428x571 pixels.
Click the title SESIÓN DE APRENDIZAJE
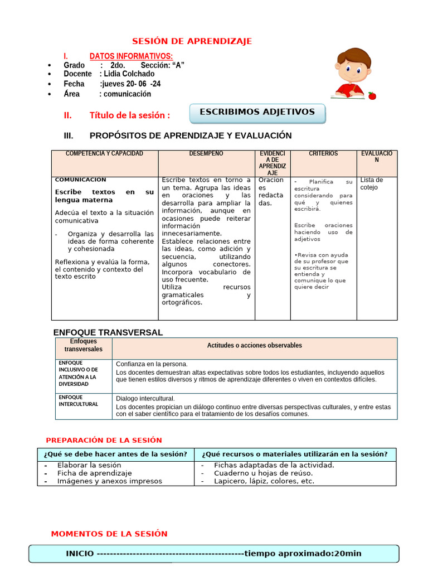pyautogui.click(x=192, y=41)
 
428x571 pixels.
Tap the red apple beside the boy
pyautogui.click(x=372, y=95)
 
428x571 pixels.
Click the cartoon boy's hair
pyautogui.click(x=354, y=56)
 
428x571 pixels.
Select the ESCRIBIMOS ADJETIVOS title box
pyautogui.click(x=257, y=112)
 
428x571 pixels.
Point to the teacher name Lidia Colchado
pyautogui.click(x=127, y=74)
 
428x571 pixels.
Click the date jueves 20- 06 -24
pyautogui.click(x=130, y=84)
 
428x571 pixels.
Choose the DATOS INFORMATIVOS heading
pyautogui.click(x=131, y=56)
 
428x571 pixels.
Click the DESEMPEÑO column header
pyautogui.click(x=206, y=153)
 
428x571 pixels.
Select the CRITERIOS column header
pyautogui.click(x=323, y=153)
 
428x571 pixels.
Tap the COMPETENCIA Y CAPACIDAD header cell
pyautogui.click(x=105, y=153)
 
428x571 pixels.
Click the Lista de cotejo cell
pyautogui.click(x=371, y=183)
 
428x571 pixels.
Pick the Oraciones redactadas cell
pyautogui.click(x=272, y=191)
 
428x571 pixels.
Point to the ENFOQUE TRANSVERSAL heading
pyautogui.click(x=108, y=332)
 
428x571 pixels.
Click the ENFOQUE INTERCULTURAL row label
pyautogui.click(x=79, y=400)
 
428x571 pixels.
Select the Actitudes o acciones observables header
pyautogui.click(x=255, y=346)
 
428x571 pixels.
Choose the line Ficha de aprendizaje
pyautogui.click(x=95, y=473)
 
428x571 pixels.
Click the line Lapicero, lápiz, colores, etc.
pyautogui.click(x=264, y=481)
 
